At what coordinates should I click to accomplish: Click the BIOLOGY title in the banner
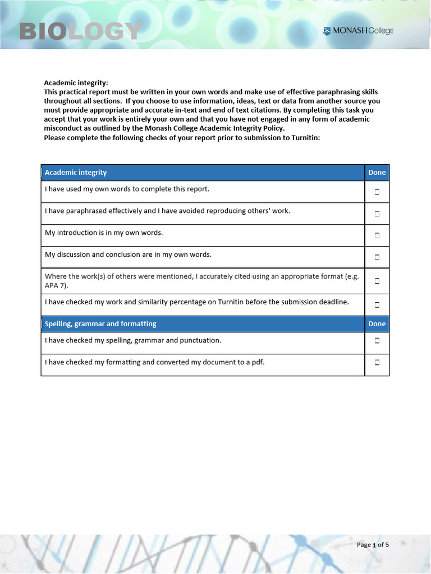click(80, 31)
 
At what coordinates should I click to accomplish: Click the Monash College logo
click(358, 31)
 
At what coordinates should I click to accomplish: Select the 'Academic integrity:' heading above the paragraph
click(76, 83)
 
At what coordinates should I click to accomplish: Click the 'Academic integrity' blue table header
click(76, 173)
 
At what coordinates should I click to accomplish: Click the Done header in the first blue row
click(377, 173)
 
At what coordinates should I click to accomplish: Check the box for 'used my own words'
click(377, 192)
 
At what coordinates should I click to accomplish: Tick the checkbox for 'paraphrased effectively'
click(377, 214)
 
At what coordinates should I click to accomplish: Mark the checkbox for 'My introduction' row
click(377, 235)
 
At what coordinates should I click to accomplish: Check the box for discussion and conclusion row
click(377, 257)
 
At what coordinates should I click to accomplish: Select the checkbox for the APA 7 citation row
click(377, 280)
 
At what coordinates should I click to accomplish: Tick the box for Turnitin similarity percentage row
click(377, 305)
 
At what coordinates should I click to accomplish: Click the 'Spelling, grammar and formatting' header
click(100, 324)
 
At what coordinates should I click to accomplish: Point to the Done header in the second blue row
click(377, 324)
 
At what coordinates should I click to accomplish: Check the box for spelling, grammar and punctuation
click(377, 340)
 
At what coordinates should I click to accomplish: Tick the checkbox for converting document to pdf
click(377, 363)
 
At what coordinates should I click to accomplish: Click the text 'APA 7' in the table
click(55, 285)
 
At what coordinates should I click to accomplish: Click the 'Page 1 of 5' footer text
click(373, 545)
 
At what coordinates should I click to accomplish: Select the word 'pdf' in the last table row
click(257, 362)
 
